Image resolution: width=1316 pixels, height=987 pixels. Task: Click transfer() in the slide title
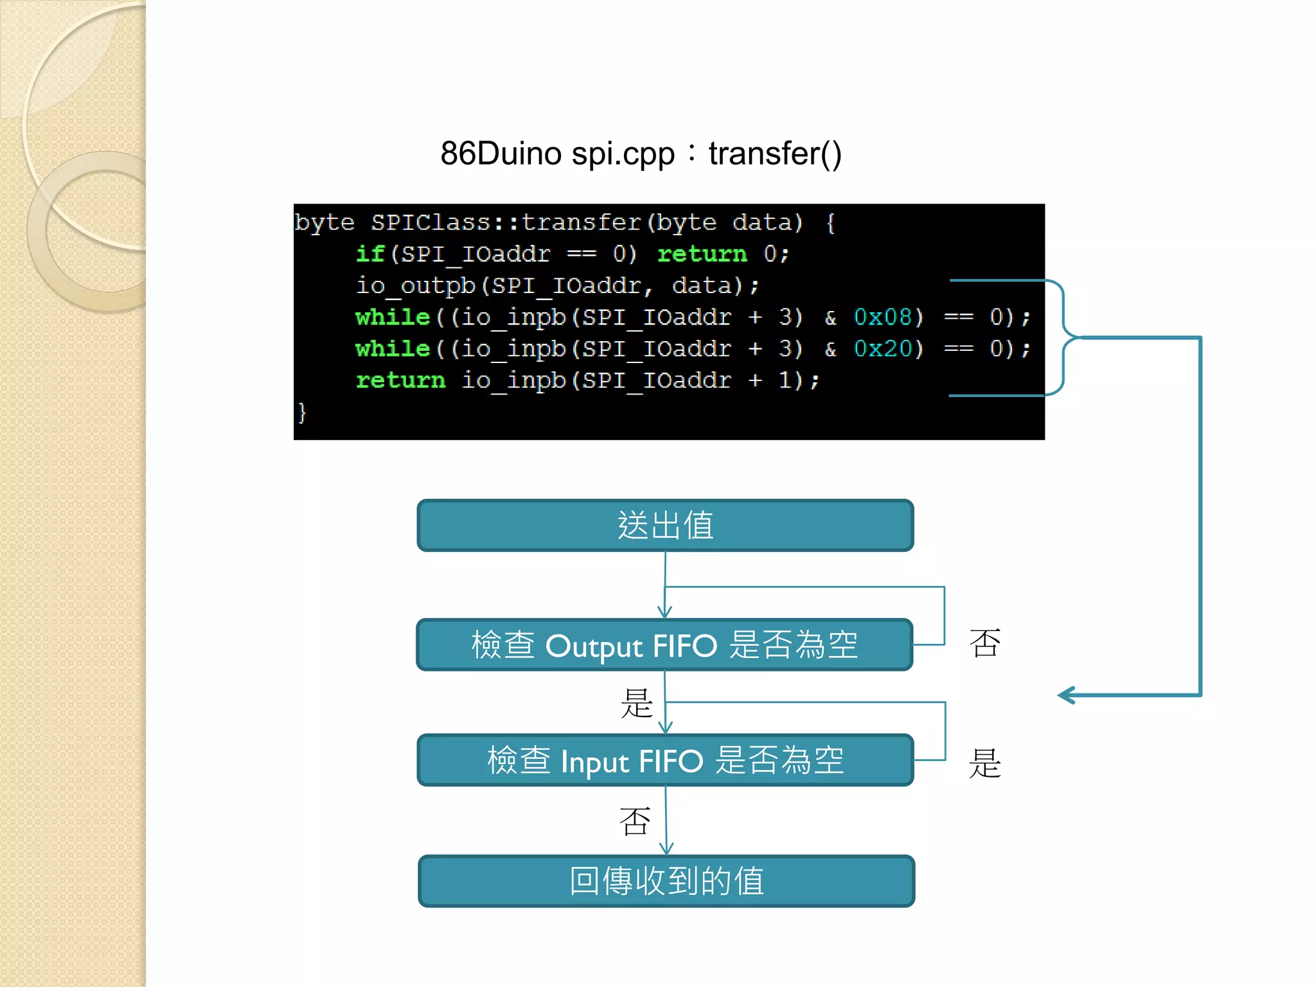(774, 154)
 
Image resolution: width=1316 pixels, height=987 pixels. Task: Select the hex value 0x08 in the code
(883, 317)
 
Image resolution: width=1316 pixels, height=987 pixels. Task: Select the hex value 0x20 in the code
(883, 348)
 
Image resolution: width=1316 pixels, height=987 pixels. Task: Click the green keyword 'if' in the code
(369, 253)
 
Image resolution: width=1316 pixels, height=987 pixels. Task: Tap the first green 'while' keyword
(392, 317)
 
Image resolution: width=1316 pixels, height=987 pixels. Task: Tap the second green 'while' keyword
(392, 348)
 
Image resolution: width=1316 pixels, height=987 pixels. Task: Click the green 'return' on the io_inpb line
(400, 380)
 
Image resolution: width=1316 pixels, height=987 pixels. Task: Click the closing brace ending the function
(302, 412)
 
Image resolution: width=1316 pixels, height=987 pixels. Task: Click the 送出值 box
(665, 526)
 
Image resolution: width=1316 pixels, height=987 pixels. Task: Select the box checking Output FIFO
(664, 645)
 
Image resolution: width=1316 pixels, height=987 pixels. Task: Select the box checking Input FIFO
(665, 760)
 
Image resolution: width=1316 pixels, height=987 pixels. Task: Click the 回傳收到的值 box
(666, 881)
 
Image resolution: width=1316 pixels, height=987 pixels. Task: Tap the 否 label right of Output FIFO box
(984, 643)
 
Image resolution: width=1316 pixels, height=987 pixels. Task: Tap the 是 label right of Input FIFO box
(984, 763)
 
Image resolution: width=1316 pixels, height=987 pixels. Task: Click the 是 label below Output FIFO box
(636, 703)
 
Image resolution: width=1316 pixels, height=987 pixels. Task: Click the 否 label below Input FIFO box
(635, 821)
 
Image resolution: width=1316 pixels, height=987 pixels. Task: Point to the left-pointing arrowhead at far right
(1067, 695)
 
